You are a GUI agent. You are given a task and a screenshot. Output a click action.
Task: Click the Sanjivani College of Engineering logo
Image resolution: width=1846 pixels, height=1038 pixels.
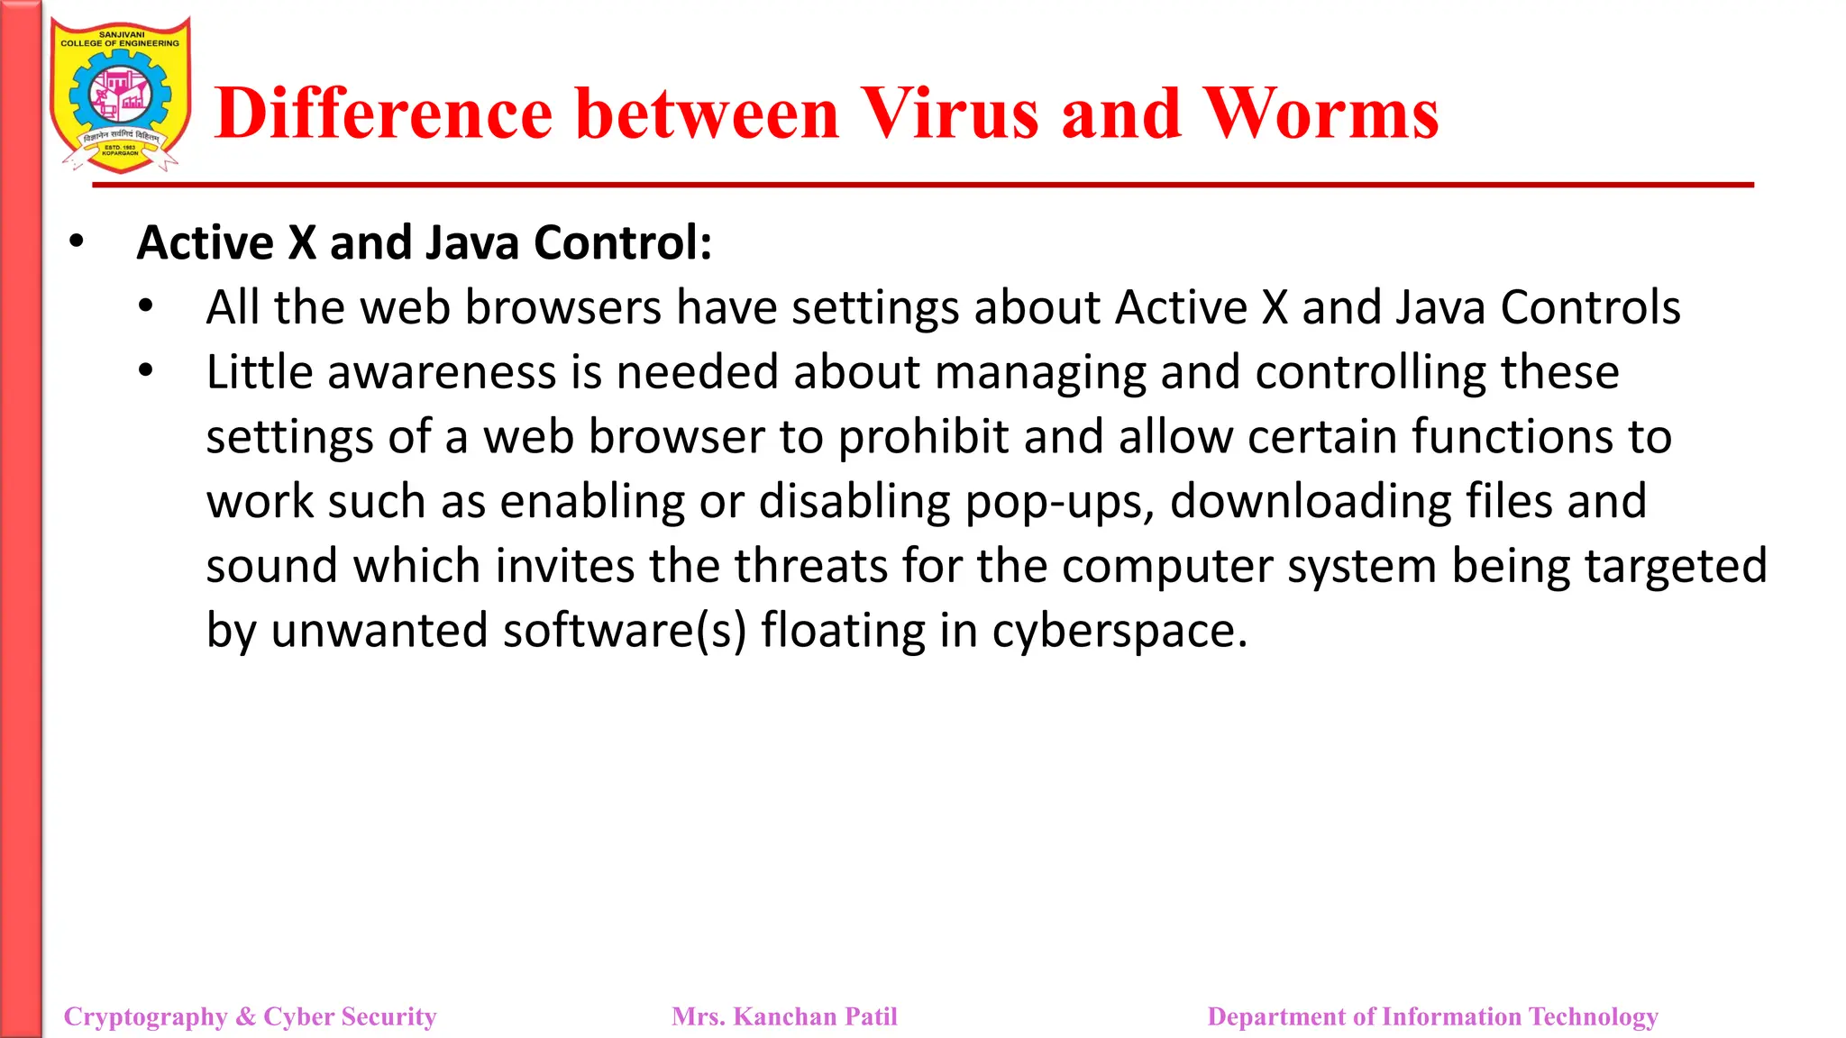point(121,95)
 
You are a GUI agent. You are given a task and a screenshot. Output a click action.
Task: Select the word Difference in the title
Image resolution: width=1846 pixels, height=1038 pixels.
point(383,114)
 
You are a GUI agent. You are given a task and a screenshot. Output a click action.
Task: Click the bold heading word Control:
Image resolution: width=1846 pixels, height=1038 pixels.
point(623,243)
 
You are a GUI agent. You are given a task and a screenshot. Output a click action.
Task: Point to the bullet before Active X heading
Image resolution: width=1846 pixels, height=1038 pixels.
point(77,241)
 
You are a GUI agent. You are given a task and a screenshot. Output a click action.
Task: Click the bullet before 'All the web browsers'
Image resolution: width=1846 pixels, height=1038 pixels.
point(146,306)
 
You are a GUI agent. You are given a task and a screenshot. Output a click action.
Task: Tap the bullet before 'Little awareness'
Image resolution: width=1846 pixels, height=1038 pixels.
point(146,370)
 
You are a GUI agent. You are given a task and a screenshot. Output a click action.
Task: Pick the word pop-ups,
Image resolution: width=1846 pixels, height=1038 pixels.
point(1060,503)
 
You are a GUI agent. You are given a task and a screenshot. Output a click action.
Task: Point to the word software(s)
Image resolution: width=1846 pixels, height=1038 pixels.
point(625,630)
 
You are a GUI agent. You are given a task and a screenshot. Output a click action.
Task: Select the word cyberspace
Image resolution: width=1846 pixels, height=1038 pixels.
point(1119,632)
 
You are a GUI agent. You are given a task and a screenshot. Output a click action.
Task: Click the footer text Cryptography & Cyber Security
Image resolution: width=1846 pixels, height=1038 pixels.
point(250,1016)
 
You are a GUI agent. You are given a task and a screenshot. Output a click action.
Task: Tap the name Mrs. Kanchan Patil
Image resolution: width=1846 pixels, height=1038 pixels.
point(784,1016)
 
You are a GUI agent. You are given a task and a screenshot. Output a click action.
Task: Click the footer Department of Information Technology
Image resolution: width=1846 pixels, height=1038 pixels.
point(1432,1016)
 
